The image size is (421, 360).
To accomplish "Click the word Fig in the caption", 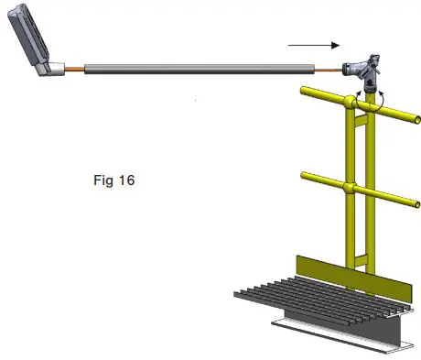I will pos(103,180).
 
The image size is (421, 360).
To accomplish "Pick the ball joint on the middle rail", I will pos(351,189).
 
